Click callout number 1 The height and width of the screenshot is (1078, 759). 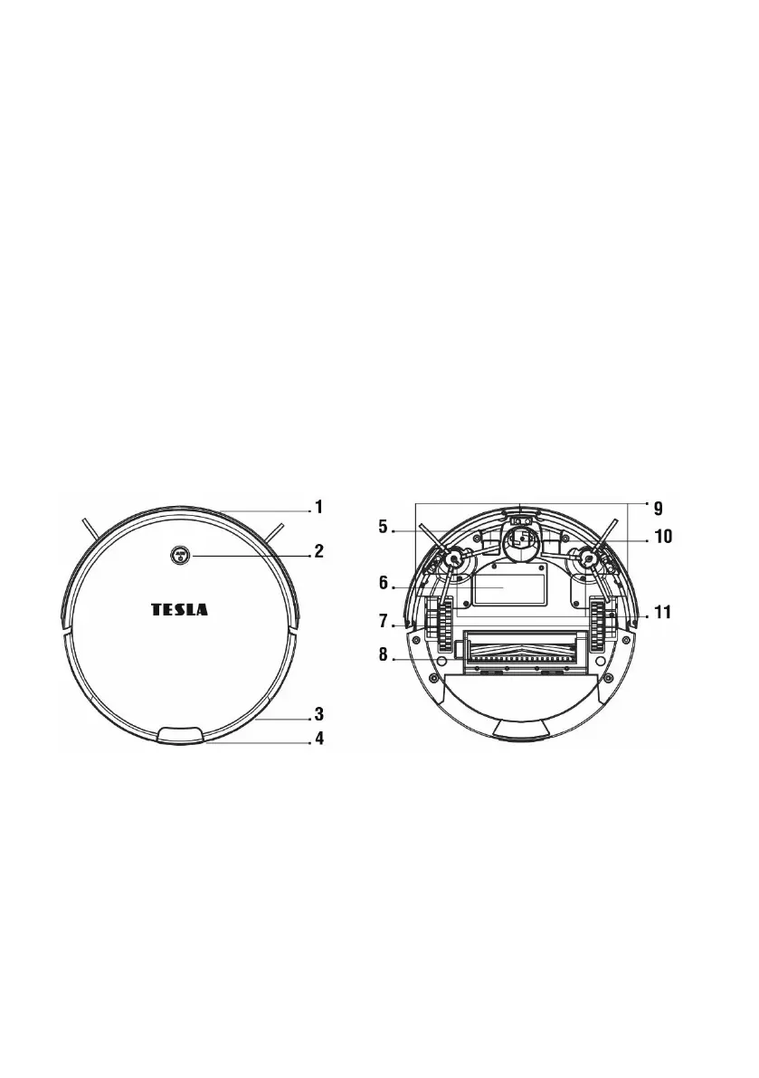pos(318,508)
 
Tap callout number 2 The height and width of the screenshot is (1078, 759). pos(318,551)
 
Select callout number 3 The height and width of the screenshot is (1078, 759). pos(318,713)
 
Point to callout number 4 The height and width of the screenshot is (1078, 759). pos(318,739)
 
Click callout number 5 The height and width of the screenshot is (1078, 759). pos(384,528)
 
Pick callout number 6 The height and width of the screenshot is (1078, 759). pos(384,584)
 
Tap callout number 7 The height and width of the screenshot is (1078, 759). pos(384,622)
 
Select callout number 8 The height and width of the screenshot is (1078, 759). pos(384,653)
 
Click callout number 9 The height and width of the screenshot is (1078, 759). pos(658,509)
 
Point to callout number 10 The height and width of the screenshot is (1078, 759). pos(663,536)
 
